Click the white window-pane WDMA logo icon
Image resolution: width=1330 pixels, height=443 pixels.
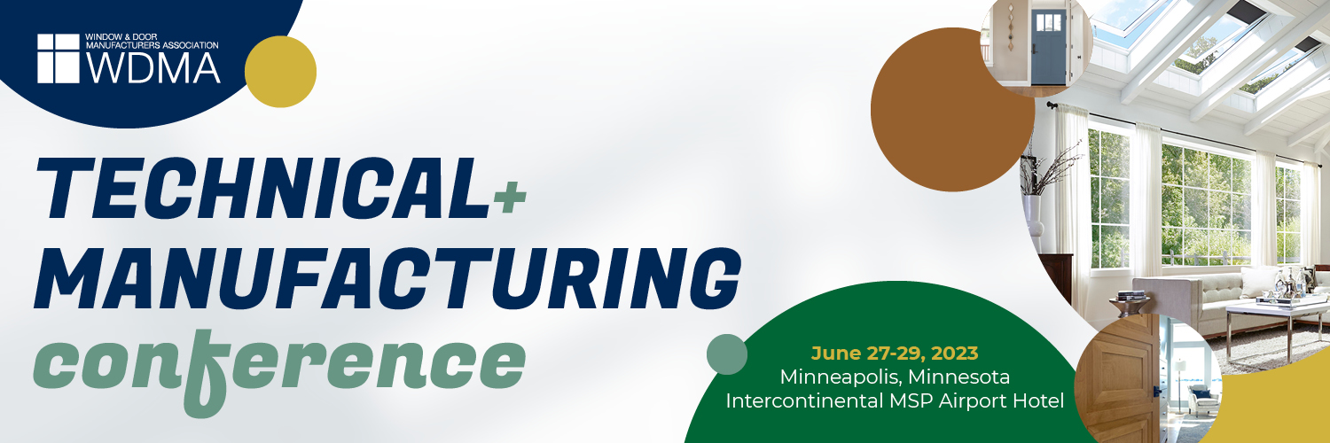[59, 58]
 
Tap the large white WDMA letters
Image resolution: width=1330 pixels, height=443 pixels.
[153, 66]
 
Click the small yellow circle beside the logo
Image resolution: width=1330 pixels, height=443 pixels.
[280, 72]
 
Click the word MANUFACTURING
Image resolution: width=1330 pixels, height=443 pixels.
[388, 278]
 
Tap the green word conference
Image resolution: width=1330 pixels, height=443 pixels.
[279, 368]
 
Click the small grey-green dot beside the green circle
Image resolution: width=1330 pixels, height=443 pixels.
[727, 354]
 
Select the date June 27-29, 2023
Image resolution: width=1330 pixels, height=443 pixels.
[895, 354]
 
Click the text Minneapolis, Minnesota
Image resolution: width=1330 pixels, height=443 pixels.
[895, 377]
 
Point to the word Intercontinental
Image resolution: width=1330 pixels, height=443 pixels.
[804, 400]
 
